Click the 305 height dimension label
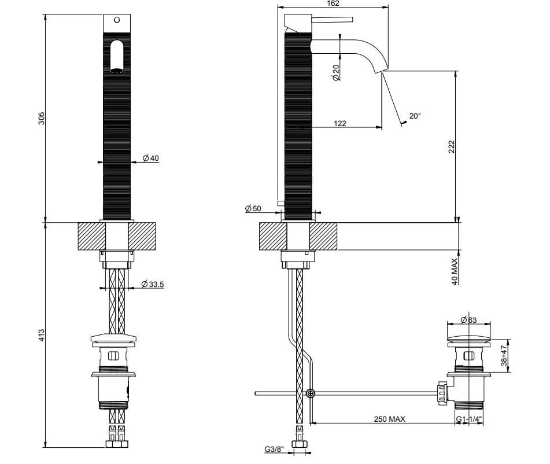[x=41, y=118]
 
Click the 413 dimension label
[x=41, y=334]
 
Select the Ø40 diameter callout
[x=150, y=158]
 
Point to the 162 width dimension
[x=333, y=3]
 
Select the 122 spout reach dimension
[x=340, y=123]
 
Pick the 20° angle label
[x=415, y=116]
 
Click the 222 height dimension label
[x=452, y=146]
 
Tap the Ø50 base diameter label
[x=253, y=208]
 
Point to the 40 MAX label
[x=455, y=271]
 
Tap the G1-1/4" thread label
[x=469, y=419]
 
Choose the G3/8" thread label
[x=274, y=450]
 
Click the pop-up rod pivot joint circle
[x=311, y=393]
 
